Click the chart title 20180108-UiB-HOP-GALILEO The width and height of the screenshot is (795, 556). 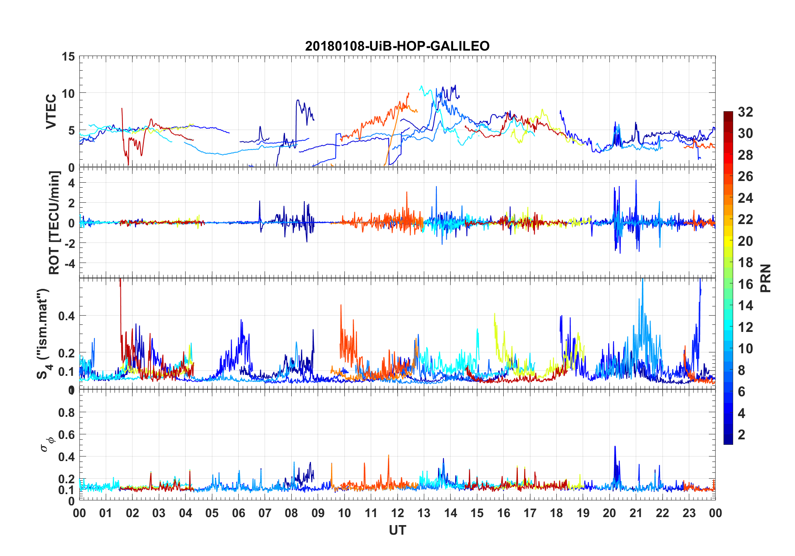pos(397,46)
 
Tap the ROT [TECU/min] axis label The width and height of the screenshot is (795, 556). pos(54,222)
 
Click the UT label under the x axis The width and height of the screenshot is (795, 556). pos(397,530)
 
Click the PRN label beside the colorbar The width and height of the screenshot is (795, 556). pos(765,278)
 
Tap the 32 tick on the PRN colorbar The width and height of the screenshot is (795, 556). pos(745,112)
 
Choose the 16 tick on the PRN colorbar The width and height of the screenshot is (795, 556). pos(745,284)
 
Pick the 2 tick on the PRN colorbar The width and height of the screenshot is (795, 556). pos(741,435)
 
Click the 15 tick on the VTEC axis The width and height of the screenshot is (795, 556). pos(68,56)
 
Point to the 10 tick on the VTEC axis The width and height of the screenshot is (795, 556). pos(68,93)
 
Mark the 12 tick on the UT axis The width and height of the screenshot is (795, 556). pos(397,513)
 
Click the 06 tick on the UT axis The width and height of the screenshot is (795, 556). pos(238,513)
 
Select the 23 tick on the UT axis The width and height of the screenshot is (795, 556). pos(689,513)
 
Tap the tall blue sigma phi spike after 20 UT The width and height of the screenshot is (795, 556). pos(615,447)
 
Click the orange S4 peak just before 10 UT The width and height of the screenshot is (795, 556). pos(341,306)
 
